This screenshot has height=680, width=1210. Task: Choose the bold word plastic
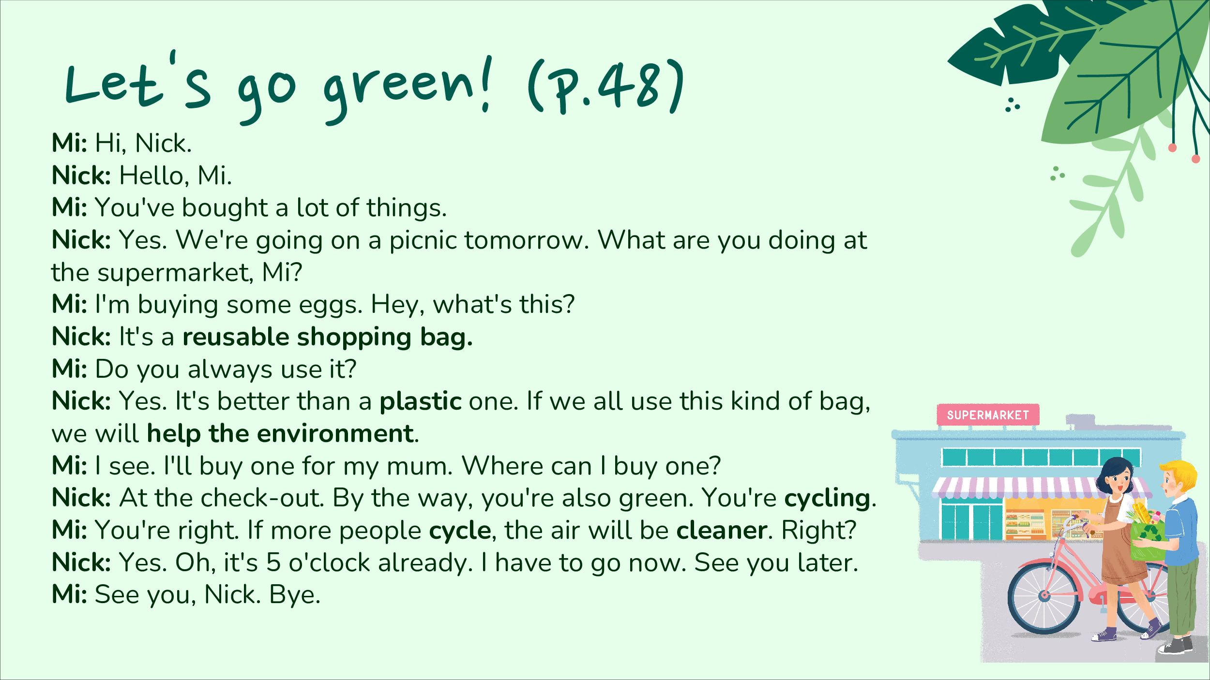421,401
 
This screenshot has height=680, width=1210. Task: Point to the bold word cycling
827,499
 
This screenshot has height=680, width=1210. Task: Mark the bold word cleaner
722,531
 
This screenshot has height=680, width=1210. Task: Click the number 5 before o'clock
273,562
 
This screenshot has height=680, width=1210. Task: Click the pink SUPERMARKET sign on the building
988,415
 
